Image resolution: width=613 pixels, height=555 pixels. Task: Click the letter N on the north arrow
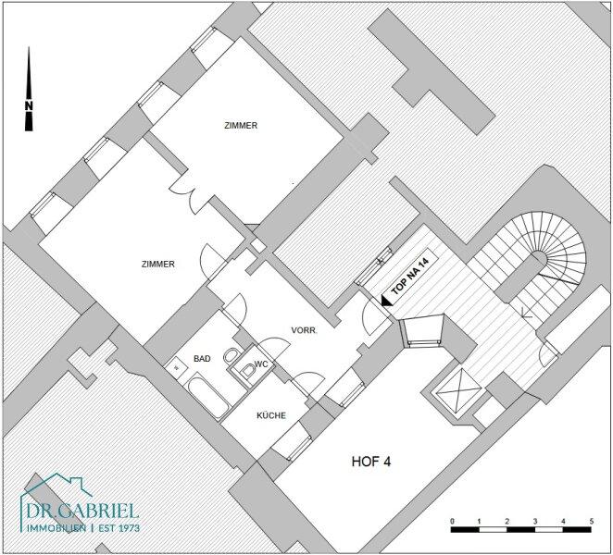coord(29,105)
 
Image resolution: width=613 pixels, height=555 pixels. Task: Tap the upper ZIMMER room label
coord(241,126)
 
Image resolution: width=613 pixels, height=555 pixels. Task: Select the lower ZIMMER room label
coord(158,265)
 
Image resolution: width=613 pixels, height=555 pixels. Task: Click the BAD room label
coord(202,359)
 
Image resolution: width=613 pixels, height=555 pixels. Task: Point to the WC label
coord(261,364)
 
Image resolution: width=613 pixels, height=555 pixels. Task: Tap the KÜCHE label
coord(271,415)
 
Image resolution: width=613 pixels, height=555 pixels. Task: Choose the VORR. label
coord(304,330)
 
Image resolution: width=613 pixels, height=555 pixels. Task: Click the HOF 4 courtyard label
coord(371,462)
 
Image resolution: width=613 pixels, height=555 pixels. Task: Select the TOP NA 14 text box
coord(410,272)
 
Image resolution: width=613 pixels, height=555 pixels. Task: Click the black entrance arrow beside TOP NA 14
coord(386,302)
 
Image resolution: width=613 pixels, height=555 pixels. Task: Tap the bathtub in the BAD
coord(207,394)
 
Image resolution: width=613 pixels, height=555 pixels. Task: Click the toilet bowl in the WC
coord(248,370)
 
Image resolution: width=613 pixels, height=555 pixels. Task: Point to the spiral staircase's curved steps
coord(563,242)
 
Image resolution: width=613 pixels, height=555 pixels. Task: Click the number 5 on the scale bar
coord(592,522)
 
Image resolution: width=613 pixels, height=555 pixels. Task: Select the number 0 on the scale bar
coord(452,522)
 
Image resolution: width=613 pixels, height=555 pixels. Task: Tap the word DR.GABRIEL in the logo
coord(82,511)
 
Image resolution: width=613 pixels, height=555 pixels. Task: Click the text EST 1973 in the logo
coord(119,528)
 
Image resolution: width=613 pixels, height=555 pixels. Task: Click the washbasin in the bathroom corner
coord(176,366)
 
